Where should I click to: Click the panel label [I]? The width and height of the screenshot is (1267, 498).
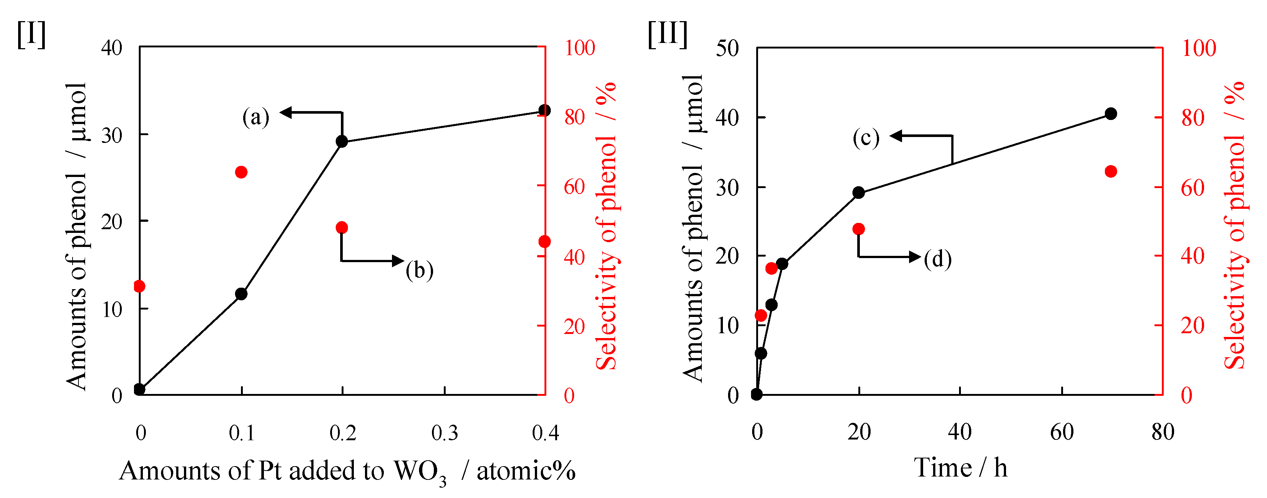(x=31, y=34)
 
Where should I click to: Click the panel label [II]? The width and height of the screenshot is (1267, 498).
(x=667, y=34)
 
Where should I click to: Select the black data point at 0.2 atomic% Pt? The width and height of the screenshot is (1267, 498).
(x=342, y=141)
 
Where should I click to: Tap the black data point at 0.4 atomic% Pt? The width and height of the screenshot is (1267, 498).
(x=544, y=110)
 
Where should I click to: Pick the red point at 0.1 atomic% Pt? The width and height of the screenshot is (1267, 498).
(x=241, y=172)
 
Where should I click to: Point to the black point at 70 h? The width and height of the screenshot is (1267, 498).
(x=1110, y=114)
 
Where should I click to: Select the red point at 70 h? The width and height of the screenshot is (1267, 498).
(x=1110, y=171)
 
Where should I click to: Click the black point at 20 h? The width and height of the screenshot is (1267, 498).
(x=859, y=193)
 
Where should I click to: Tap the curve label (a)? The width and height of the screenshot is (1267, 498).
(x=256, y=117)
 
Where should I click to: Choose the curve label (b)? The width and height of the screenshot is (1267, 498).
(x=419, y=270)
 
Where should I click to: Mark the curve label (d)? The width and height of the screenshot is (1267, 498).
(x=938, y=259)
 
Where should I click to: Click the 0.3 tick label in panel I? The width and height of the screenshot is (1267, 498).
(x=445, y=433)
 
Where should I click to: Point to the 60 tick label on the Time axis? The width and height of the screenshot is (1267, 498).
(x=1062, y=432)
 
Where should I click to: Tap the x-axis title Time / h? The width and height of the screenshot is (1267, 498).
(x=961, y=468)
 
